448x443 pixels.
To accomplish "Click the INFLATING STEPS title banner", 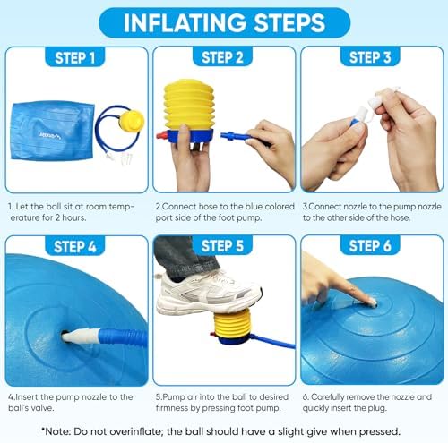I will [223, 21].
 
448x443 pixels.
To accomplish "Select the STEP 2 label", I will [224, 59].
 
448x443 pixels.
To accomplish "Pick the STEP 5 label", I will [224, 246].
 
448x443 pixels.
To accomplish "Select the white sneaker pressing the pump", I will [210, 294].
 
